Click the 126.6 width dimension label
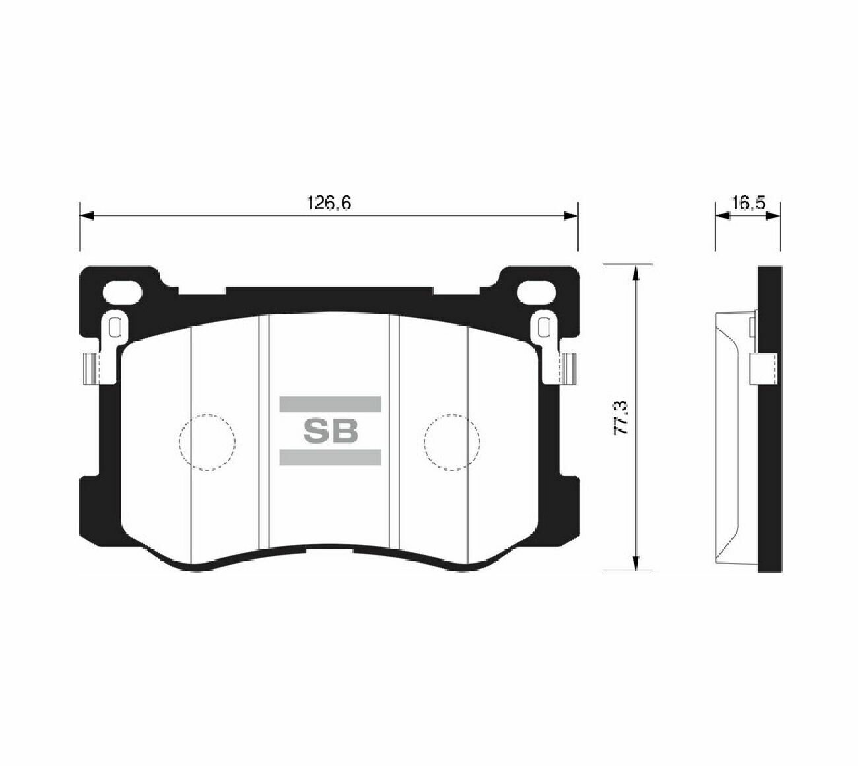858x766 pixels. pos(329,203)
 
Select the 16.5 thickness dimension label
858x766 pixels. pos(748,203)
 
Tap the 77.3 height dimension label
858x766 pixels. pos(622,418)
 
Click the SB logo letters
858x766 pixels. pos(331,431)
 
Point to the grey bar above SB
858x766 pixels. pos(330,403)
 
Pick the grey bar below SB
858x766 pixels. pos(330,458)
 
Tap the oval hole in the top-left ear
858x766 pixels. pos(122,293)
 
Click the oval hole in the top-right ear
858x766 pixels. pos(537,293)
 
